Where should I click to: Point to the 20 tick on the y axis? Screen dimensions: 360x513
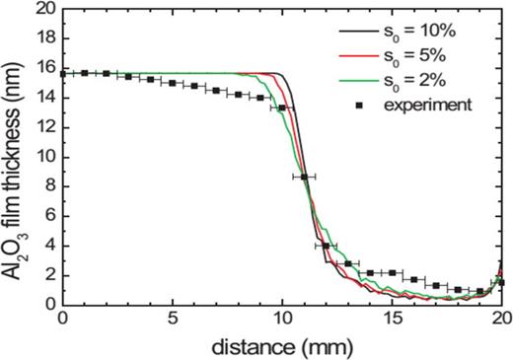43,11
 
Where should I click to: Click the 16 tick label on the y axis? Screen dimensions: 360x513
43,69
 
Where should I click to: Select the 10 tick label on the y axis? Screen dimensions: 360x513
43,157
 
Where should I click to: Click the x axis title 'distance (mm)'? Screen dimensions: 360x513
282,344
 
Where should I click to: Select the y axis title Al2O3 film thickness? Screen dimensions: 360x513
16,158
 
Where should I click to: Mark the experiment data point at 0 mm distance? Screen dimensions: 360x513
63,74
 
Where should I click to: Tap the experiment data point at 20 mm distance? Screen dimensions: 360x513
501,282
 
